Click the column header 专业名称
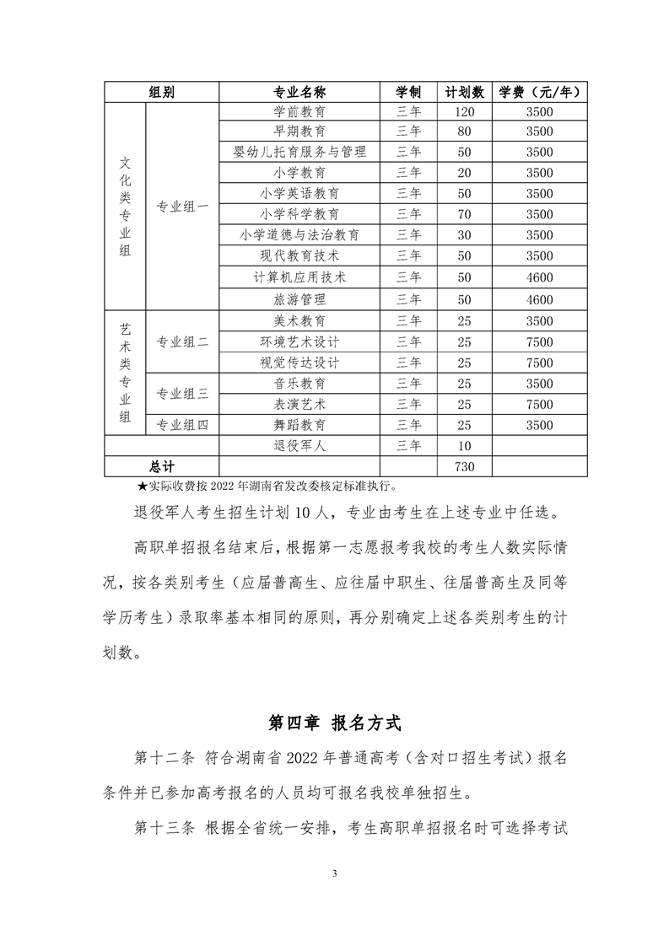300,92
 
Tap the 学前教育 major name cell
300,111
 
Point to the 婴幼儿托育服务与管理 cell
300,153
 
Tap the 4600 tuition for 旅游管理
539,299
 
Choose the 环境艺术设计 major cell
300,341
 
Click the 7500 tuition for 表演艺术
539,405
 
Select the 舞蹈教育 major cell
300,425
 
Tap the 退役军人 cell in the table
300,446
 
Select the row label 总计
161,466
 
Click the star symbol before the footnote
142,486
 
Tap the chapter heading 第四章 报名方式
334,723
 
